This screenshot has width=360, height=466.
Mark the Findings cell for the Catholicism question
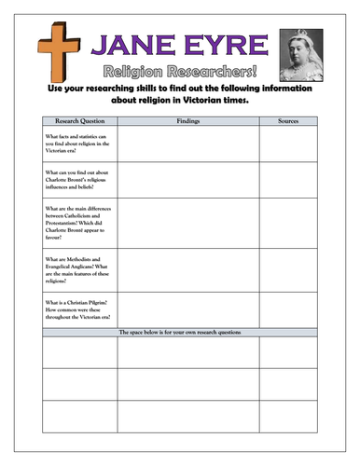(187, 223)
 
